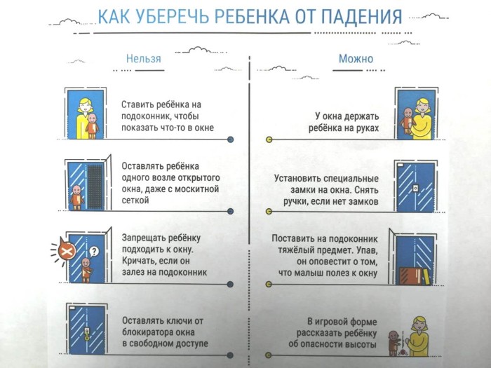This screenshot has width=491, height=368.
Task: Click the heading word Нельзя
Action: pos(143,58)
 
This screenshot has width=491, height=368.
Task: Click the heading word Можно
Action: pos(356,58)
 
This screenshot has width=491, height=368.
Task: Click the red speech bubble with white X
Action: pos(67,250)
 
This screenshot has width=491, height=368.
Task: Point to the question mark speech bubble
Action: pos(93,251)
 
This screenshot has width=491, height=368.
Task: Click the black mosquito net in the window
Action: pos(95,186)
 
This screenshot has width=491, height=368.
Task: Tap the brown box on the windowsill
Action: pos(411,275)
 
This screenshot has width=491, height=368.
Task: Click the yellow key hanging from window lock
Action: pos(87,337)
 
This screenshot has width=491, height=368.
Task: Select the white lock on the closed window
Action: pos(415,188)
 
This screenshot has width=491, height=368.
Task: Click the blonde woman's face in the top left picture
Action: pos(85,107)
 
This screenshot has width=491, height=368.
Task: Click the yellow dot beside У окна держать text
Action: pos(269,139)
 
